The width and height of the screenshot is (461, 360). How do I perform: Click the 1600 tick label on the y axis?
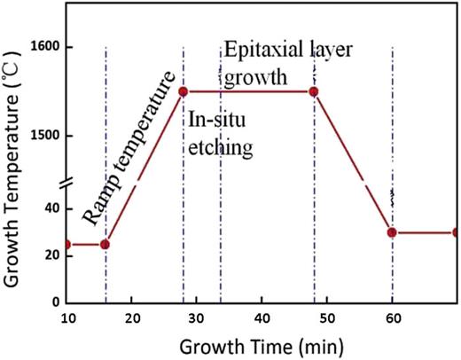coord(44,47)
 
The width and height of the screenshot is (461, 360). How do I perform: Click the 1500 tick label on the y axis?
coord(44,136)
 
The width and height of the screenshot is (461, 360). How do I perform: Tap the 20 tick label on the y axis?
coord(51,255)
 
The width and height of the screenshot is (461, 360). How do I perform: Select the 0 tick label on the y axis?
coord(55,302)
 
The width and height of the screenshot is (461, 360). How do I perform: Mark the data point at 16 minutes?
coord(105,244)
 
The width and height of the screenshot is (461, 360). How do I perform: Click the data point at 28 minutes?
coord(184,91)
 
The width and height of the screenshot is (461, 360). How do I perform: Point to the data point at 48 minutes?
coord(313,91)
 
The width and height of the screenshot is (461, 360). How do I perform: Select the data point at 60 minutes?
coord(391,232)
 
